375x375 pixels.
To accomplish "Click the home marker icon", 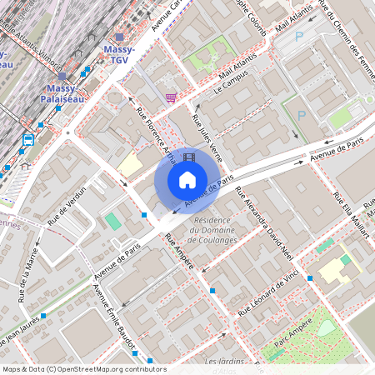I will [187, 180].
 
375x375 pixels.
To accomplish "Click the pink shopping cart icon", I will [171, 97].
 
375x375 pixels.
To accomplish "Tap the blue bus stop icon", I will [28, 140].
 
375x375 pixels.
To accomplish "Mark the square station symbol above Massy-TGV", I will [119, 37].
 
